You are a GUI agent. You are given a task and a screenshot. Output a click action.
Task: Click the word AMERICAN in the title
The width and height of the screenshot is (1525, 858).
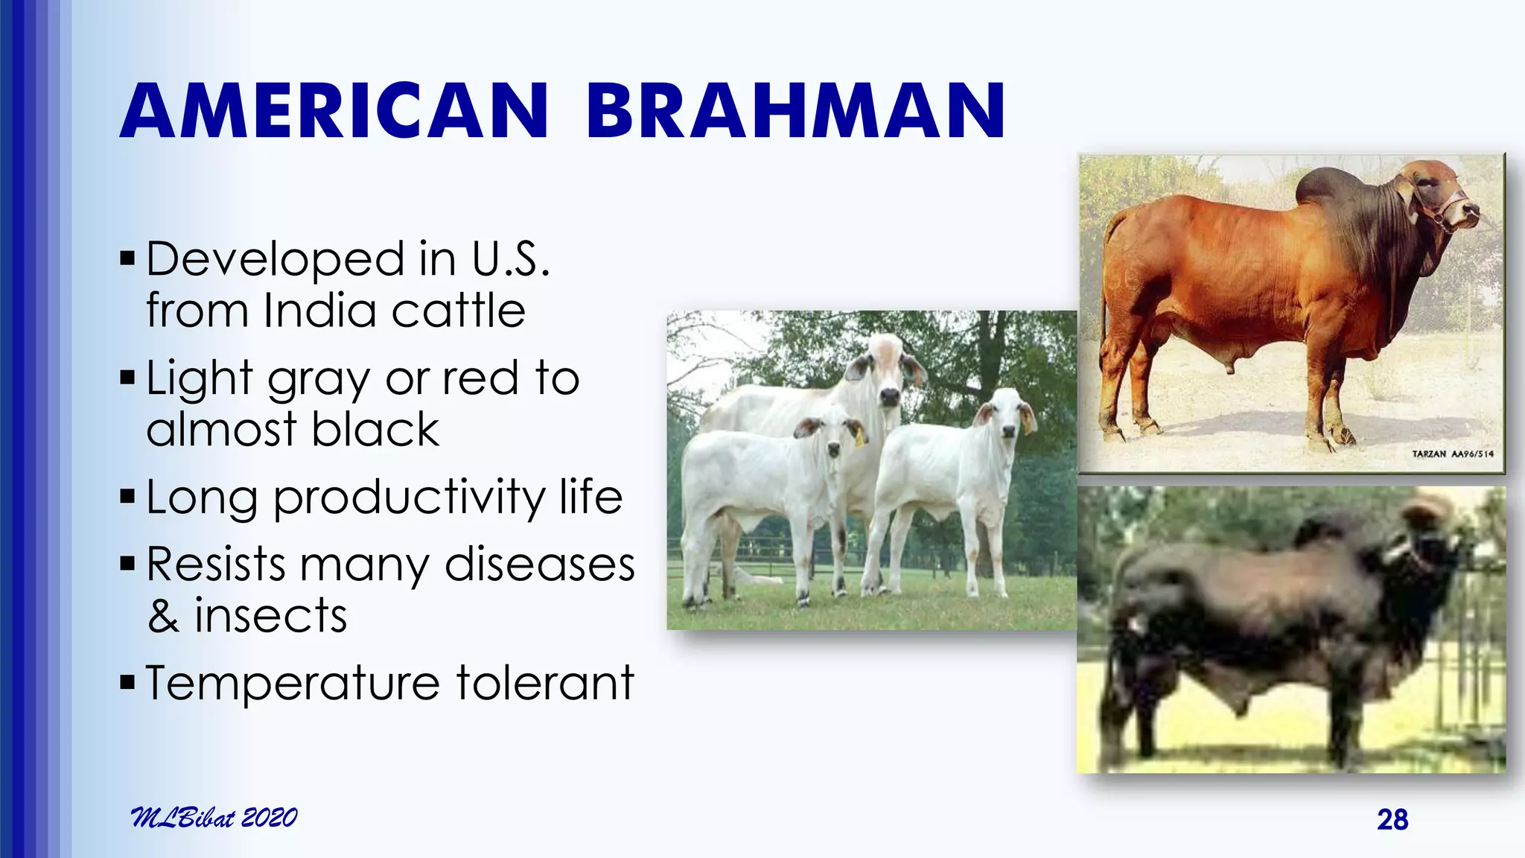click(x=334, y=112)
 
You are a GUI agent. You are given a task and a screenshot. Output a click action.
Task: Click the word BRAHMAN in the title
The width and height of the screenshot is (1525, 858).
click(x=795, y=112)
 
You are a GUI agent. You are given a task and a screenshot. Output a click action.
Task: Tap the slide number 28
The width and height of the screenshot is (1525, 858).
click(x=1392, y=819)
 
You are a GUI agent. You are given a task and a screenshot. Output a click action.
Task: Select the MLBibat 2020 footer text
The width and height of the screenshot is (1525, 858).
click(x=214, y=817)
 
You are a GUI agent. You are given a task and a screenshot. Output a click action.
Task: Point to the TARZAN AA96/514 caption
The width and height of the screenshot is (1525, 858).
click(x=1452, y=454)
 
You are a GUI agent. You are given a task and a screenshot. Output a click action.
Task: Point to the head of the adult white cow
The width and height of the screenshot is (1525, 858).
click(x=886, y=372)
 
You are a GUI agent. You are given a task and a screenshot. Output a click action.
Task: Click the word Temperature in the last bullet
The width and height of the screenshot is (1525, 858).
click(x=293, y=683)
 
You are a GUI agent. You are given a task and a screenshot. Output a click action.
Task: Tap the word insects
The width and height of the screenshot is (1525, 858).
click(x=270, y=617)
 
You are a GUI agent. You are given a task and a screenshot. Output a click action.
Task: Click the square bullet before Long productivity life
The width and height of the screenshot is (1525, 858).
click(x=127, y=497)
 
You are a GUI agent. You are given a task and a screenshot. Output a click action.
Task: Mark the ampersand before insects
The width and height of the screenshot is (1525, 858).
click(x=163, y=617)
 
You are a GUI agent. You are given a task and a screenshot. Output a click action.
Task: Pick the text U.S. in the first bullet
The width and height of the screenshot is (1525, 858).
click(x=511, y=259)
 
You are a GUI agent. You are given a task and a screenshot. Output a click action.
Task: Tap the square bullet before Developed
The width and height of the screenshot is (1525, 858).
click(x=127, y=259)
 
